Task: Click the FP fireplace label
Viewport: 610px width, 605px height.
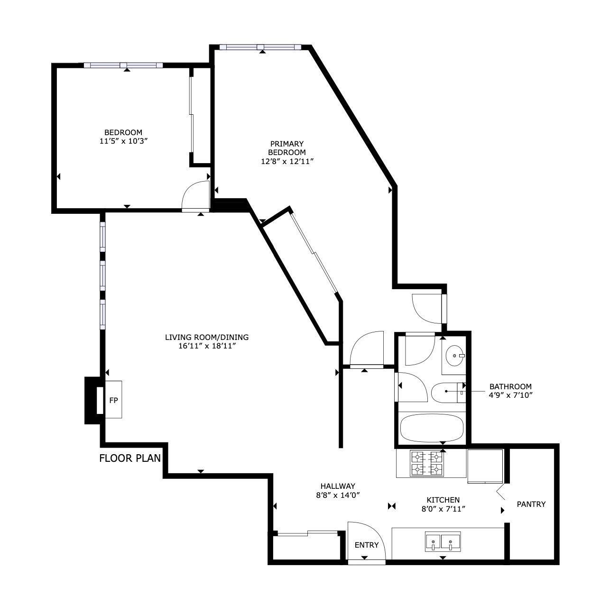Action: pyautogui.click(x=114, y=400)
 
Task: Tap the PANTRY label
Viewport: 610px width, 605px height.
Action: pyautogui.click(x=531, y=504)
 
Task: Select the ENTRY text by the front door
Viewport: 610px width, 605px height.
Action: pyautogui.click(x=367, y=545)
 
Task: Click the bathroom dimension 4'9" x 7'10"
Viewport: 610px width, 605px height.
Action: pyautogui.click(x=510, y=395)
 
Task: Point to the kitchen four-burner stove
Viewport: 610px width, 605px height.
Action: pyautogui.click(x=427, y=463)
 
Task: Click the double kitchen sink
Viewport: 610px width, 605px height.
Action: pyautogui.click(x=443, y=541)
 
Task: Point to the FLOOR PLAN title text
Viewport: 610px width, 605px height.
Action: pyautogui.click(x=130, y=458)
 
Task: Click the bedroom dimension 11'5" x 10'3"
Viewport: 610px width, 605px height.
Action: pyautogui.click(x=124, y=141)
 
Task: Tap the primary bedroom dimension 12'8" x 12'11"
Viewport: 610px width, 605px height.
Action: pyautogui.click(x=287, y=161)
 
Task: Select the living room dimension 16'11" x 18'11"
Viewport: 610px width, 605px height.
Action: pyautogui.click(x=207, y=346)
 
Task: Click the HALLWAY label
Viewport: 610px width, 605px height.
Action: pyautogui.click(x=338, y=486)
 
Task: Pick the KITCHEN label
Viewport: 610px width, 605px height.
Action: pyautogui.click(x=443, y=500)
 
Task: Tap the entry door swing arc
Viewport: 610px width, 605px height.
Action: pyautogui.click(x=373, y=532)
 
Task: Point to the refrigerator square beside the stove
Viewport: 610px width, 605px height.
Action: pyautogui.click(x=485, y=467)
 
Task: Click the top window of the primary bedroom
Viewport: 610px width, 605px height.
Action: pyautogui.click(x=260, y=47)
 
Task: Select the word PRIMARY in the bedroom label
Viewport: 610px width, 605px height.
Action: pyautogui.click(x=287, y=144)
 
